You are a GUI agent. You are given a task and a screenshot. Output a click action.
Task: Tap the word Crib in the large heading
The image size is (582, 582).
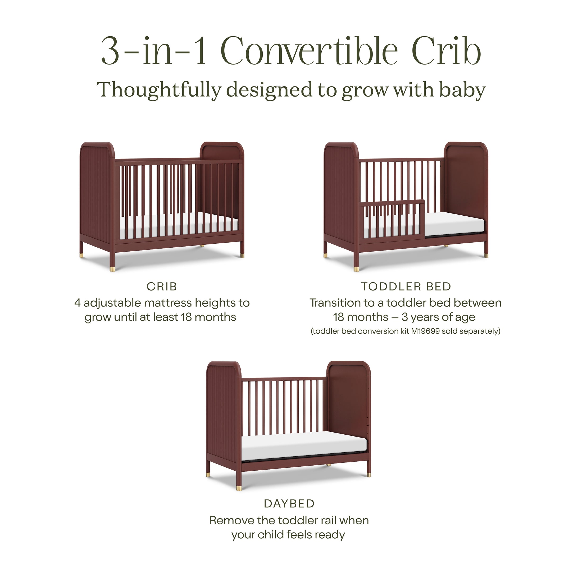click(x=446, y=51)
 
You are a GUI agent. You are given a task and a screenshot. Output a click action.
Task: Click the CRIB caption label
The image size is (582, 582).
click(x=162, y=287)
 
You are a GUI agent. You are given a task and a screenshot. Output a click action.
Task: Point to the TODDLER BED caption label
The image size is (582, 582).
click(x=406, y=287)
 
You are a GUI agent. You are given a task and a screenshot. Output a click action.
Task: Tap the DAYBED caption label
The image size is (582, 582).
click(x=289, y=504)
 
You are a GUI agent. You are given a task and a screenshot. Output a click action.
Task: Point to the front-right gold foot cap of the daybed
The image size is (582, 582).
click(x=369, y=475)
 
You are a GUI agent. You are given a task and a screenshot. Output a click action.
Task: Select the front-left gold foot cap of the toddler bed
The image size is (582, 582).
click(x=356, y=269)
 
